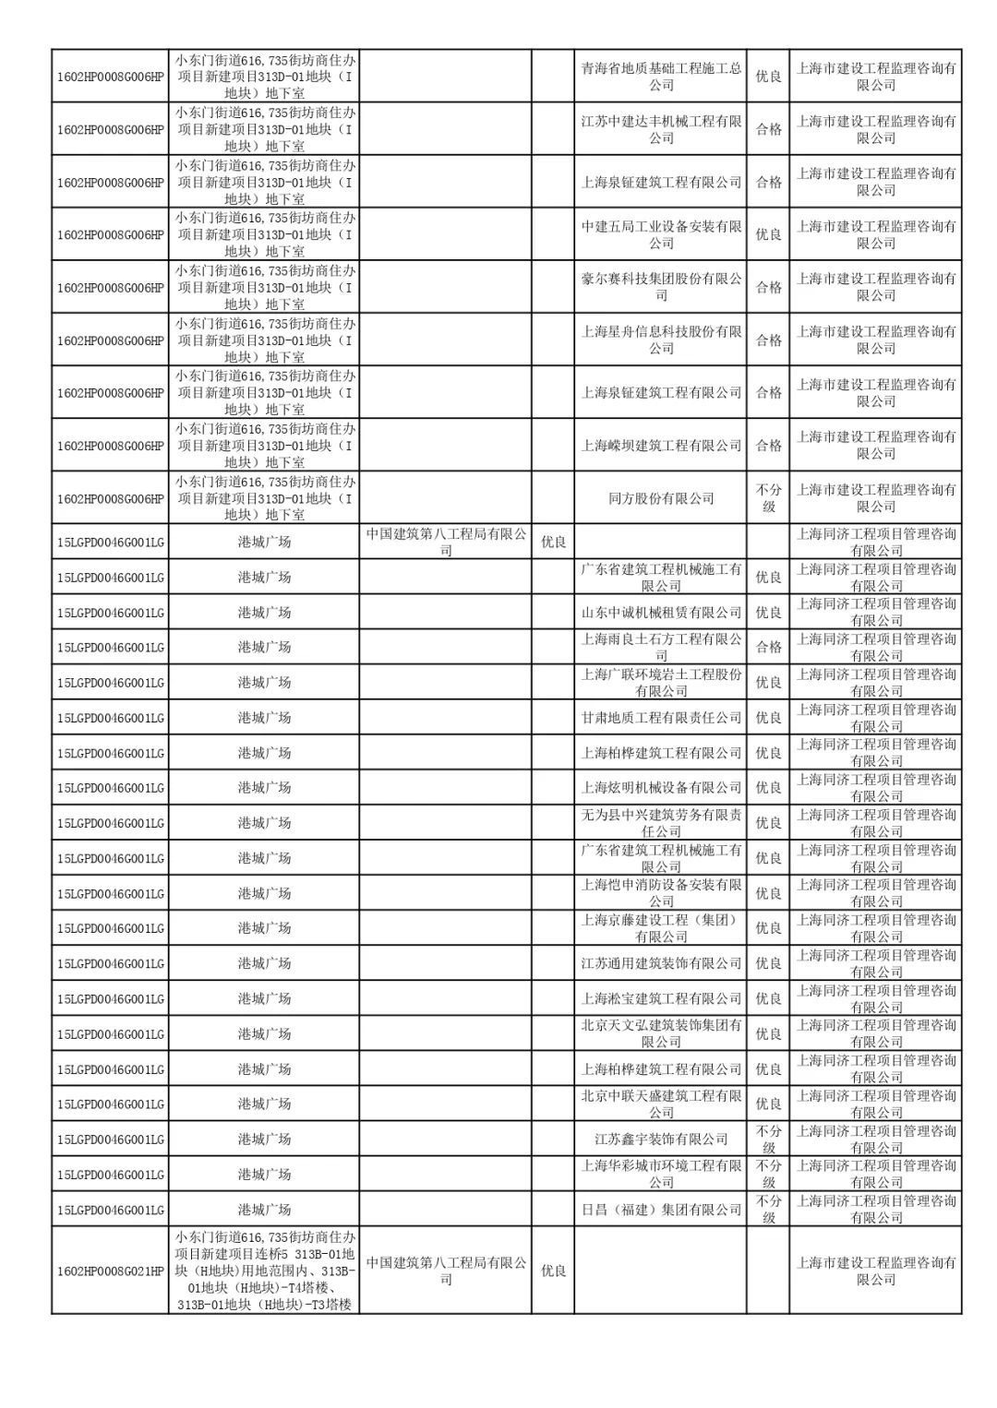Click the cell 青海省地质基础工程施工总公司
tap(661, 77)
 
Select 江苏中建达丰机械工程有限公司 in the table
tap(661, 129)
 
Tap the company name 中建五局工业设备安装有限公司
tap(661, 234)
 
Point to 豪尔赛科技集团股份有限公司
tap(661, 287)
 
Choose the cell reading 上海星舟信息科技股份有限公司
tap(661, 340)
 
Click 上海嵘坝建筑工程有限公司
tap(661, 446)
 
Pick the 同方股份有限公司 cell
tap(661, 498)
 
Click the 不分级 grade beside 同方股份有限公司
tap(768, 498)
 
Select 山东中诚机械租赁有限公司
tap(661, 612)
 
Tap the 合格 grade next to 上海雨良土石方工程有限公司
tap(768, 647)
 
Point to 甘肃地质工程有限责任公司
tap(661, 717)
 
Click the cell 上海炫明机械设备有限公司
tap(661, 787)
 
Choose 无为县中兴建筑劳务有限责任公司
tap(661, 823)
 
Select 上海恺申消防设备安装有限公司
tap(661, 893)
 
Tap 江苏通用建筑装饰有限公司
tap(661, 963)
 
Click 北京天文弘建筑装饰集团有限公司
tap(661, 1033)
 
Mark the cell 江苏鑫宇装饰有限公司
tap(661, 1139)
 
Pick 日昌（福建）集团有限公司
tap(661, 1209)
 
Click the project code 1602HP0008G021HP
tap(111, 1271)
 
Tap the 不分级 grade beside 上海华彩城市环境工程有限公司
tap(768, 1174)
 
